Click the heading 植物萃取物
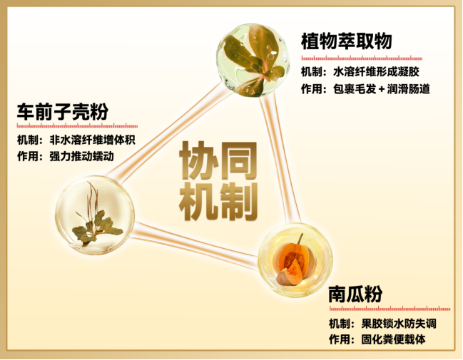347,41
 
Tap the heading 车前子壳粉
63,111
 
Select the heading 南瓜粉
355,294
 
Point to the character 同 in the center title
238,160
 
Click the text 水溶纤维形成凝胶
376,72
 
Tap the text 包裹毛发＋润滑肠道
382,89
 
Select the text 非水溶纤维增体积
93,140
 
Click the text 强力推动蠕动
82,156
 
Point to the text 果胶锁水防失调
399,324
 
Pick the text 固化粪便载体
393,339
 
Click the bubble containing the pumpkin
295,259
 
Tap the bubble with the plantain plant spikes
95,215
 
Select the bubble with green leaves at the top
253,60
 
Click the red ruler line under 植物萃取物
362,58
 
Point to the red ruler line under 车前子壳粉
77,125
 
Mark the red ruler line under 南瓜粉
390,309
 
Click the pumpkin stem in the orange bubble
300,239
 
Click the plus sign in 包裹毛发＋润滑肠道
382,89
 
